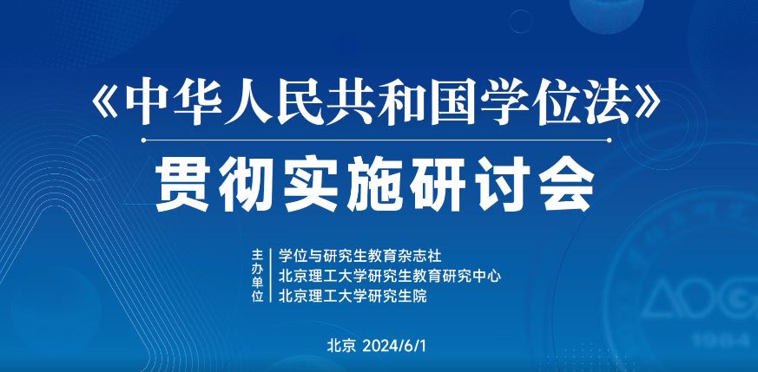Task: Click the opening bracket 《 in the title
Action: (106, 105)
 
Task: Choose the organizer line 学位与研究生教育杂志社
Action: (360, 256)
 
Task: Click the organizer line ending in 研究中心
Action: (391, 276)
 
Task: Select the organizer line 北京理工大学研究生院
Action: (353, 296)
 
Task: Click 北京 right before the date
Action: (341, 344)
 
